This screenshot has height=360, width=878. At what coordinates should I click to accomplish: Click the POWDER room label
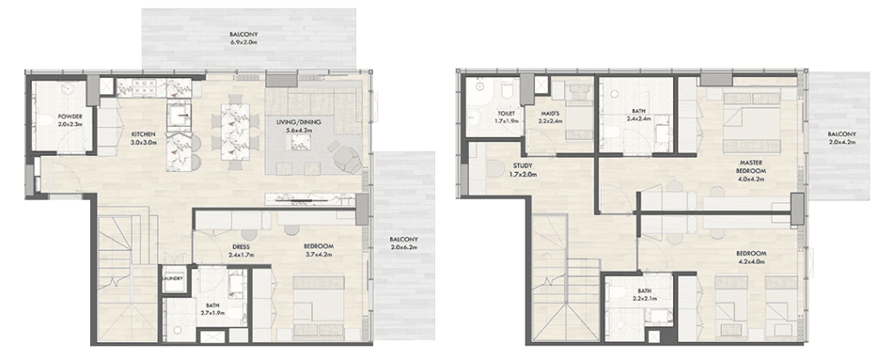click(69, 117)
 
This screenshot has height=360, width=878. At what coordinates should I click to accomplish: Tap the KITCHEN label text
click(143, 135)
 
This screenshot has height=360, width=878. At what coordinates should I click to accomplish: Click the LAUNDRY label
click(173, 279)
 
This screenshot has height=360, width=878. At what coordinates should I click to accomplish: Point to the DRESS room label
click(241, 246)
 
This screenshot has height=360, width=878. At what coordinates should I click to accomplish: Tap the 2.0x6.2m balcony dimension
click(404, 247)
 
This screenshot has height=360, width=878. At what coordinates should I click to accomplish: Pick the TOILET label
click(506, 114)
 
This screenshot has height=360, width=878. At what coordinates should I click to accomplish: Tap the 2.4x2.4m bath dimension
click(637, 118)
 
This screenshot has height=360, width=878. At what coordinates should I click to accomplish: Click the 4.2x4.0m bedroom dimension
click(751, 261)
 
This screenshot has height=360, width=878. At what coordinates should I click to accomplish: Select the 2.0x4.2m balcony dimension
click(841, 142)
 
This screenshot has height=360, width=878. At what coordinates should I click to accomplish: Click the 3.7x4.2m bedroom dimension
click(319, 255)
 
